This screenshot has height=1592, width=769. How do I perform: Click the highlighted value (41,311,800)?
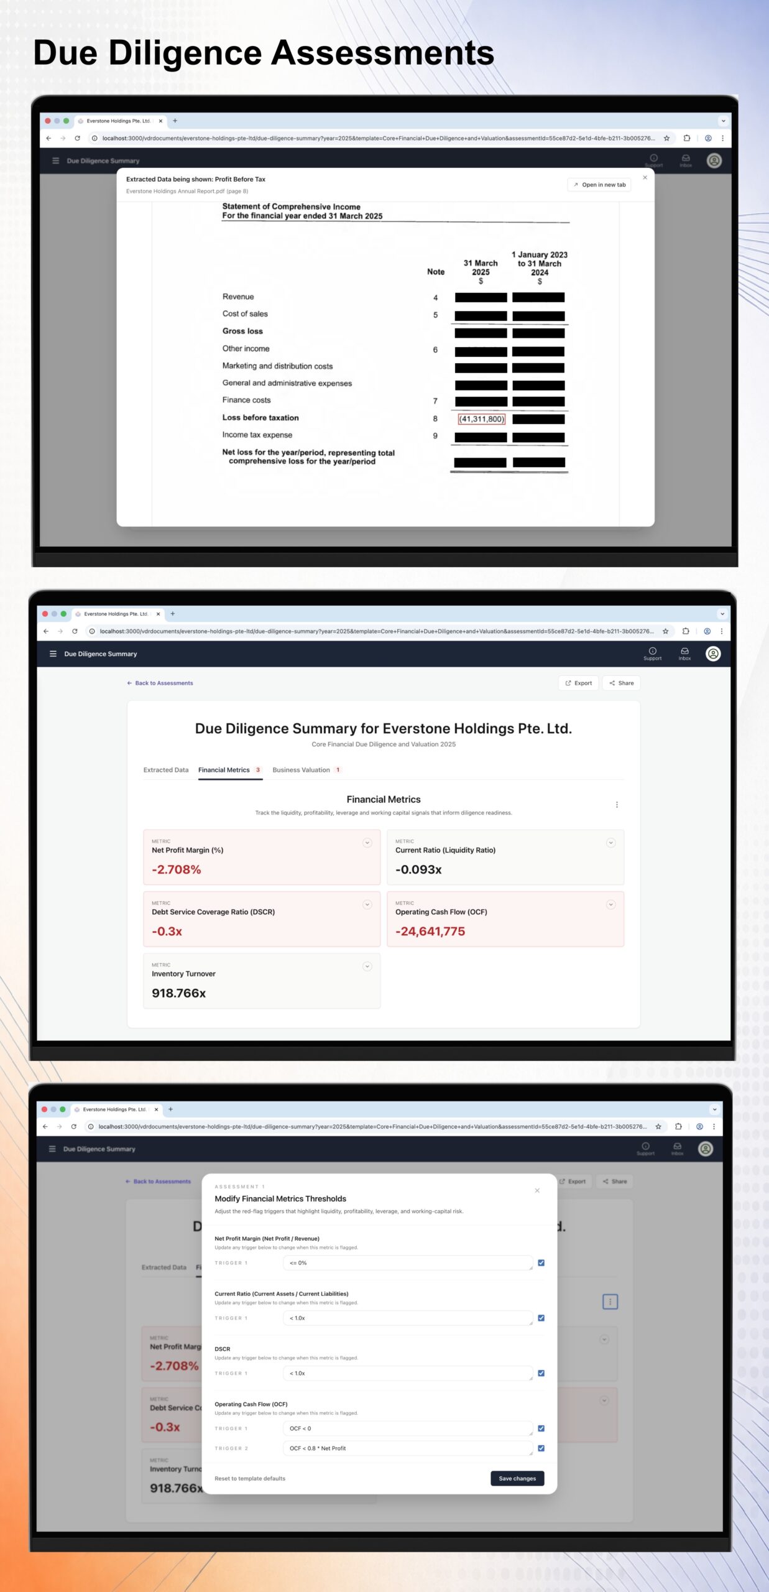[481, 419]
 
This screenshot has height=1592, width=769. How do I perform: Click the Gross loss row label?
[242, 331]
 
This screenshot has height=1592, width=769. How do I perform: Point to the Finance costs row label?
[246, 400]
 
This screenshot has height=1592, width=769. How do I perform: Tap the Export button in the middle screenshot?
[578, 683]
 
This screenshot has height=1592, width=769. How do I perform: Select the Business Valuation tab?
[302, 770]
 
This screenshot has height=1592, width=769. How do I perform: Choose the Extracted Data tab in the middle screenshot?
[166, 770]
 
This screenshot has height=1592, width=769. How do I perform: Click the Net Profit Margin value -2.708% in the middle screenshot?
[177, 869]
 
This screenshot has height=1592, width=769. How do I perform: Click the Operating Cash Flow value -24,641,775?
[430, 931]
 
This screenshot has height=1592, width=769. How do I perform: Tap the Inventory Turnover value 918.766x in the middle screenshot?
[179, 993]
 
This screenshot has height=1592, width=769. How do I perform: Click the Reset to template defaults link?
[250, 1478]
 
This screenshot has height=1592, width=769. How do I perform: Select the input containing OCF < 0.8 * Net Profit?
[407, 1448]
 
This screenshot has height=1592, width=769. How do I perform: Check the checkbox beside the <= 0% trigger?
[541, 1263]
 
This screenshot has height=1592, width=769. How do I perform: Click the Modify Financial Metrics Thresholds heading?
[280, 1198]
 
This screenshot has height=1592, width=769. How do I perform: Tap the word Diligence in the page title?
[185, 53]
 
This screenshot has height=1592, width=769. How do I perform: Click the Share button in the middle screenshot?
[622, 683]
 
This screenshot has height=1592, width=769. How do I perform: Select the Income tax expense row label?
[257, 435]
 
